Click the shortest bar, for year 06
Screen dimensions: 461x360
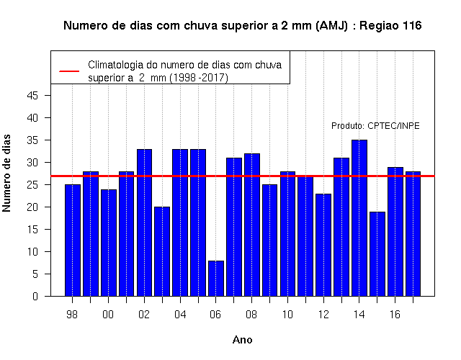[x=216, y=279]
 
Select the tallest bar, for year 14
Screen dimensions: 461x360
[x=359, y=218]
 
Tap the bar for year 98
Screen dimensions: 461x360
[x=73, y=240]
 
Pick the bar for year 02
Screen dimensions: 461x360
[x=144, y=222]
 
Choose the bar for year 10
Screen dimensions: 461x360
[x=287, y=233]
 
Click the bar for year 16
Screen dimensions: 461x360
[x=395, y=232]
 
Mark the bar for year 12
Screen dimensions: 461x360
[x=323, y=245]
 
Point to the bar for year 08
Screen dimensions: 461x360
[x=252, y=225]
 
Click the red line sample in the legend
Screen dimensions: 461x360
[x=69, y=71]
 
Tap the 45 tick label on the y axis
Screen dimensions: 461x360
[x=32, y=96]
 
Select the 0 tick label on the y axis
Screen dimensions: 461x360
[x=35, y=296]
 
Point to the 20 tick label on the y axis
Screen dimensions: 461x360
[x=32, y=207]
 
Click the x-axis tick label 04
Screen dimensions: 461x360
[x=180, y=315]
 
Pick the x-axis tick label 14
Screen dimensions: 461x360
[x=359, y=315]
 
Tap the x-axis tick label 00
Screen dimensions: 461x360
[x=108, y=315]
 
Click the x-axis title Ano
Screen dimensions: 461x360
[x=243, y=340]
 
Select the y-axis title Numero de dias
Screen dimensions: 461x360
[x=6, y=173]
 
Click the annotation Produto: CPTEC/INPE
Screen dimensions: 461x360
[x=375, y=126]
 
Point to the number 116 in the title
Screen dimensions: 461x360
[x=412, y=26]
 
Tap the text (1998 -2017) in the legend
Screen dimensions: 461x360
[x=199, y=78]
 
